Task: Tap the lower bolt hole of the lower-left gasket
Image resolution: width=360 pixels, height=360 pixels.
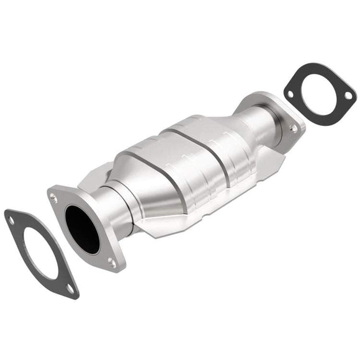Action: [70, 288]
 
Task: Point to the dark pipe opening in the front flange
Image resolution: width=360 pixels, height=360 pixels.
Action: [83, 229]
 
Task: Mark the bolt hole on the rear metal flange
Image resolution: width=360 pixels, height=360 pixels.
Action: [292, 128]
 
